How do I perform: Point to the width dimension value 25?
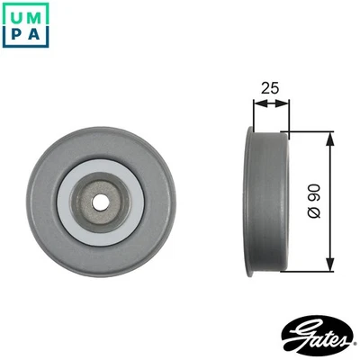(268, 87)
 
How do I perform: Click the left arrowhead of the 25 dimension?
(256, 103)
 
